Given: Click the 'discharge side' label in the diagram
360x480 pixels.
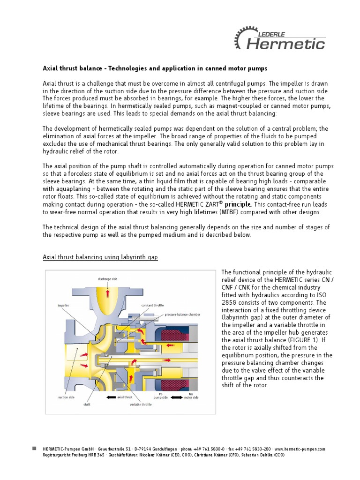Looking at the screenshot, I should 107,279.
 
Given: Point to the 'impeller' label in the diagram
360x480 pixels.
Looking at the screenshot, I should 64,305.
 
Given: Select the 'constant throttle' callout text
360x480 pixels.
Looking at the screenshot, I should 153,305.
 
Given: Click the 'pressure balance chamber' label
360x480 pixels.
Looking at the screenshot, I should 182,315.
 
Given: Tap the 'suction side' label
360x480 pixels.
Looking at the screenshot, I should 66,397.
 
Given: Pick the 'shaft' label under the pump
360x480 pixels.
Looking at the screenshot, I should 87,404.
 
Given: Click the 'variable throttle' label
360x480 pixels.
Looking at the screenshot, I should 141,404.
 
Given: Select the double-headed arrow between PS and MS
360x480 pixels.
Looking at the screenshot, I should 176,397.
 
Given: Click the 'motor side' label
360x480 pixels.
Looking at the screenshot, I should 191,397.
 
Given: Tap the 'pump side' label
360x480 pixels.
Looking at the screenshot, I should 160,397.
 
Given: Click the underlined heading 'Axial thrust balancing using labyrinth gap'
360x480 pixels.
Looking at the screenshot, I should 100,257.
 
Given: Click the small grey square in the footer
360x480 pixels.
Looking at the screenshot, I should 34,449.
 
